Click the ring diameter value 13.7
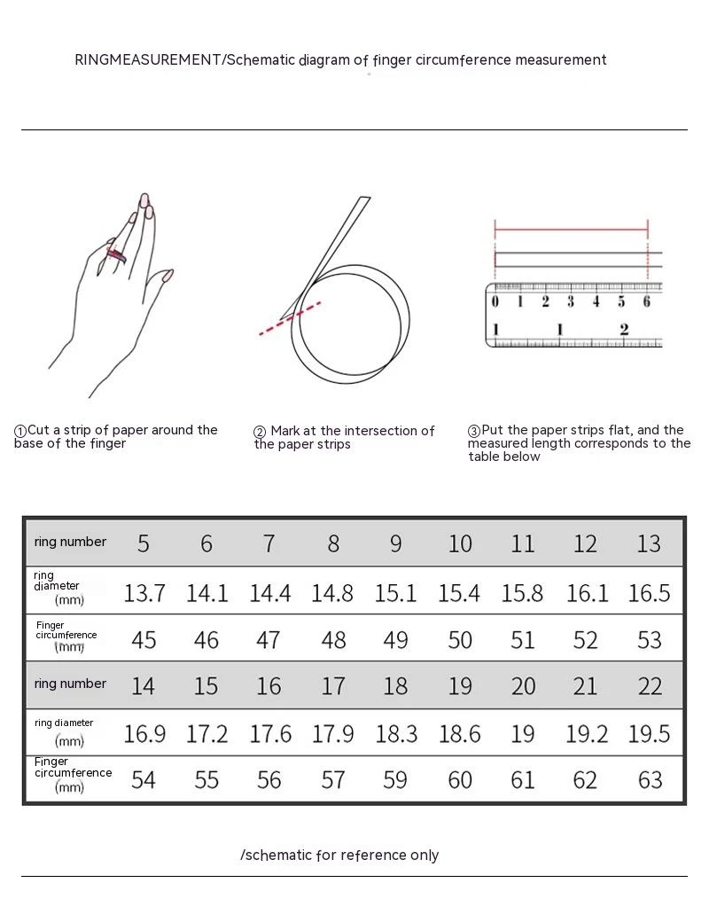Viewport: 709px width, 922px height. [144, 593]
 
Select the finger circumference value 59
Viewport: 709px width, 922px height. [395, 780]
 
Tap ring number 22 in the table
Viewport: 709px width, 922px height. [650, 686]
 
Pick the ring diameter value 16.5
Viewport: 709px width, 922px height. [649, 593]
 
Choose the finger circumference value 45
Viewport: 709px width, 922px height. [144, 640]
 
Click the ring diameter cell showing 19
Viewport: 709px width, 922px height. [523, 734]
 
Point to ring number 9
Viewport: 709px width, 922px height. [395, 544]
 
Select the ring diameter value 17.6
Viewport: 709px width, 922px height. [270, 734]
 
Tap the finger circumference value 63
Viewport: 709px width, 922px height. [650, 780]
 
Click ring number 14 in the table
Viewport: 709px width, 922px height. [143, 686]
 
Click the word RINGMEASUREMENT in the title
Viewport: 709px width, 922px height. [148, 60]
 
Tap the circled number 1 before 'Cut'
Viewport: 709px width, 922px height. [20, 431]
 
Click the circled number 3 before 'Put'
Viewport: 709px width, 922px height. [474, 431]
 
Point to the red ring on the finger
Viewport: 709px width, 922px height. [116, 255]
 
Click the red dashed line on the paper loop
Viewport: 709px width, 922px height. [290, 318]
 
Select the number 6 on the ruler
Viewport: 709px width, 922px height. [646, 301]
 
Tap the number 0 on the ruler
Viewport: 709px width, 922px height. [495, 301]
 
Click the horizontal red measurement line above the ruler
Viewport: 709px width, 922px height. [572, 230]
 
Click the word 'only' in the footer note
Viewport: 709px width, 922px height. [425, 856]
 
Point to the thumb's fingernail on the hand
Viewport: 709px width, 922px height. [168, 275]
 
